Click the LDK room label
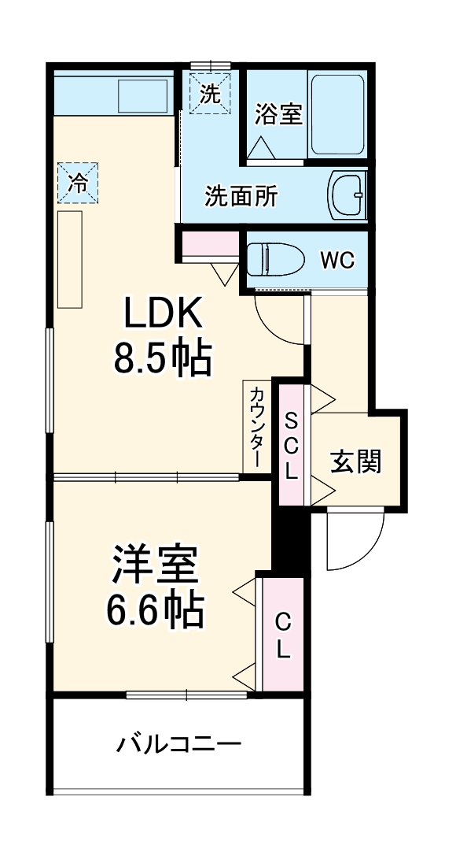coord(162,315)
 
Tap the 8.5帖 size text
coord(162,358)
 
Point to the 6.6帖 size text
coord(154,609)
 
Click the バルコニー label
coord(179,743)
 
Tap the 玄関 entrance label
coord(355,462)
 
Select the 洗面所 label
coord(241,195)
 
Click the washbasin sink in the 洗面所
coord(347,195)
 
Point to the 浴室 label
coord(278,114)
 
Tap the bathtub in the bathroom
coord(337,115)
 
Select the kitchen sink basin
coord(143,96)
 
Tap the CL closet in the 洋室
coord(282,635)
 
